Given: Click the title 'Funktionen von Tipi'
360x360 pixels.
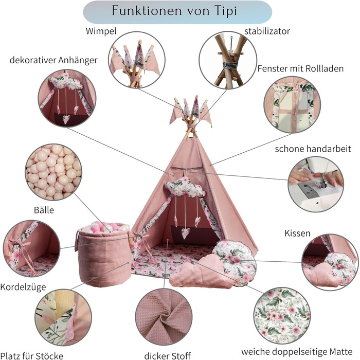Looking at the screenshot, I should click(177, 12).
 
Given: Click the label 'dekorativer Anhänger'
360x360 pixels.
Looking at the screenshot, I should click(53, 60).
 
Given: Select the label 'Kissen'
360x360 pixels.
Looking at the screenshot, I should click(297, 233).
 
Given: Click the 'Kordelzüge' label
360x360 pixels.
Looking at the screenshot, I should click(24, 286).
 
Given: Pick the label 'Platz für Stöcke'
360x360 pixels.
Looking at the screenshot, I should click(32, 355).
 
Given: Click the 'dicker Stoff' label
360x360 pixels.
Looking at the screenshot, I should click(168, 355).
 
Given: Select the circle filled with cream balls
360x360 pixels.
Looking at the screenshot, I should click(53, 172).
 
